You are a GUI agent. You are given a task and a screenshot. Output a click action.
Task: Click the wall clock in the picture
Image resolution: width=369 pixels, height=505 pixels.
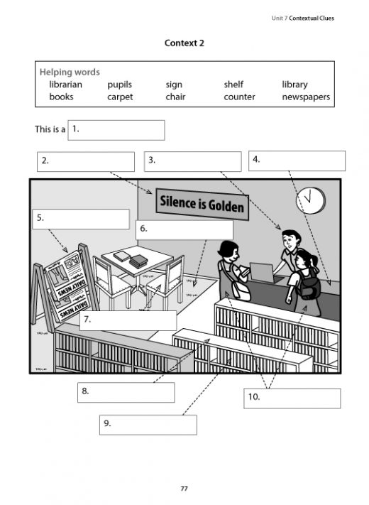tap(309, 196)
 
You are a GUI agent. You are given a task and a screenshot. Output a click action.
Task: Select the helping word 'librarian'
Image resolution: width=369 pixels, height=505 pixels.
tap(66, 85)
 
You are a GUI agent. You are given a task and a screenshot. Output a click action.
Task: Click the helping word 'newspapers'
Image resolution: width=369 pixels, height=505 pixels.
tap(306, 97)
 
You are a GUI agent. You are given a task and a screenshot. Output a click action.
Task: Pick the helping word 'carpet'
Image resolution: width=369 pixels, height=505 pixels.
tap(120, 97)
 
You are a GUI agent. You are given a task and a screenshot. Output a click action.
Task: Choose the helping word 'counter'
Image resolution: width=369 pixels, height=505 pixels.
tap(239, 97)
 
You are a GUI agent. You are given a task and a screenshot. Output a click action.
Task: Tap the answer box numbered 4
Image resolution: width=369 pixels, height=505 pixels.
tap(297, 161)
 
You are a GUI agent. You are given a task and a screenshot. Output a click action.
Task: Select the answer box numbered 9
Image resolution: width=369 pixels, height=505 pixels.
tap(148, 425)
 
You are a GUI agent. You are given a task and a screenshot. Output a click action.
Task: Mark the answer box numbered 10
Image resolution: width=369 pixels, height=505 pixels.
tap(292, 398)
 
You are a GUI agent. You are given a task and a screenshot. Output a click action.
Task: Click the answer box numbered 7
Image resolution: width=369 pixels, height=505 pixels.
tap(128, 320)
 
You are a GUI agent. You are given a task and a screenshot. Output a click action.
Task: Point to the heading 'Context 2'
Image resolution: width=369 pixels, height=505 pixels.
tap(184, 43)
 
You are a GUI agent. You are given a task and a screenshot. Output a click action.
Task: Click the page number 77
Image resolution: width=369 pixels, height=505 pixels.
tap(184, 489)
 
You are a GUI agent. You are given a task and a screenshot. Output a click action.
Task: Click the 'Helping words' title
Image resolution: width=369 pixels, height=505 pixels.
tap(70, 72)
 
